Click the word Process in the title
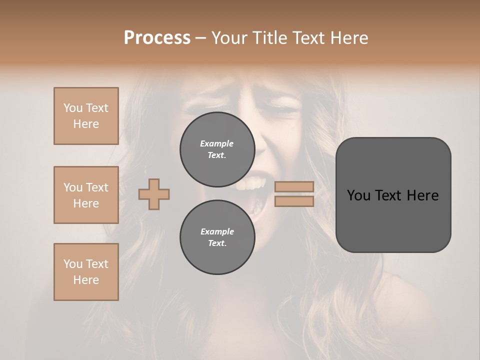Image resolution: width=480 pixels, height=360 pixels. [x=157, y=38]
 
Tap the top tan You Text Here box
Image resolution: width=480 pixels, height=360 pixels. [x=86, y=116]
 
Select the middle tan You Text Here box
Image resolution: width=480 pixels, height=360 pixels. [x=86, y=195]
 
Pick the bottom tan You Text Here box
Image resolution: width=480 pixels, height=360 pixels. [x=86, y=272]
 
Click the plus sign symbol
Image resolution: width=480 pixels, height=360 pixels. [x=154, y=194]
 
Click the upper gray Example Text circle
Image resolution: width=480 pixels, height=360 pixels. [x=217, y=149]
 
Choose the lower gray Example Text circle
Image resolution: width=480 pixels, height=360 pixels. [x=217, y=237]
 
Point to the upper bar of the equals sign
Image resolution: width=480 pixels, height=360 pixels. [x=294, y=186]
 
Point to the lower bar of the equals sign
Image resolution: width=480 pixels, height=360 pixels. [x=294, y=201]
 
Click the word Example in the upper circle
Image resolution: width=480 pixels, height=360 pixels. [x=217, y=143]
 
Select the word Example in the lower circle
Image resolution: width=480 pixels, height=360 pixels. [x=217, y=231]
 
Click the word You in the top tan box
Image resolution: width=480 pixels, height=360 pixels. [x=72, y=108]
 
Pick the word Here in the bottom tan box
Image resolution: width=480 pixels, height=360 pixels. [x=86, y=280]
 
